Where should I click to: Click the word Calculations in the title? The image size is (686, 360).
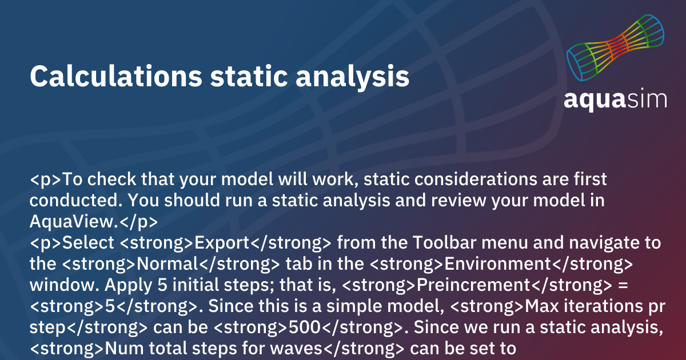(116, 76)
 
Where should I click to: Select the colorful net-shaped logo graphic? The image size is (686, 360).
(615, 48)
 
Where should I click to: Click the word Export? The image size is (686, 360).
(222, 243)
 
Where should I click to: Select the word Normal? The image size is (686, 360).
(167, 263)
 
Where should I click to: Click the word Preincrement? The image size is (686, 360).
(473, 285)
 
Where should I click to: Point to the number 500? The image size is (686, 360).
(305, 327)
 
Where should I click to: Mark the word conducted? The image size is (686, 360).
(74, 200)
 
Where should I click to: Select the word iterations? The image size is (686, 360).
(603, 306)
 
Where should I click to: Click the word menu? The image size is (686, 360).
(505, 243)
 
